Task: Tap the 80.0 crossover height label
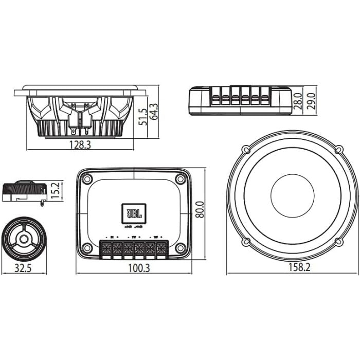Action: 200,210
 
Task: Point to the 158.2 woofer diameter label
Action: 292,268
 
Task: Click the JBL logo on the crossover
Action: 134,212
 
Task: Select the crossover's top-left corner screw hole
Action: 87,179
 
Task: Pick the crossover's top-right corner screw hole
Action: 180,179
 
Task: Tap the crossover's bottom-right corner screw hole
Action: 180,248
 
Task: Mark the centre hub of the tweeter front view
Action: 24,239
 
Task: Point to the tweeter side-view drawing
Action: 24,191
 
